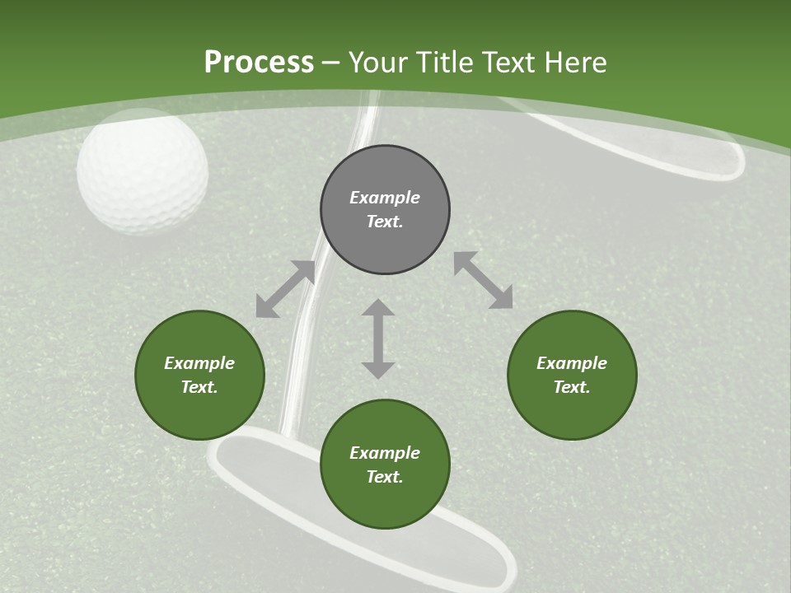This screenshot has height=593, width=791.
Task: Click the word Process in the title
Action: [259, 63]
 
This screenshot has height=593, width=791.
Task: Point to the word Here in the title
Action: [576, 63]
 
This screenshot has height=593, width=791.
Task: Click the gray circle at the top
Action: [385, 209]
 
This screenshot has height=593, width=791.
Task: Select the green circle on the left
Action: [199, 375]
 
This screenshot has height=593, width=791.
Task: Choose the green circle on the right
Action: [572, 375]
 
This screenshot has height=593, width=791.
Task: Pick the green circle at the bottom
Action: [385, 464]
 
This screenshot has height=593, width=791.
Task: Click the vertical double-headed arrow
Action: [378, 339]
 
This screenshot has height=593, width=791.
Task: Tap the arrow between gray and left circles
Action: [285, 289]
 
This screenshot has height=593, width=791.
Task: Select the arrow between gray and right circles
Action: [484, 279]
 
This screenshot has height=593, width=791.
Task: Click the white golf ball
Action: [143, 171]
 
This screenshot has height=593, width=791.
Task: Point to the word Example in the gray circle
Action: [385, 198]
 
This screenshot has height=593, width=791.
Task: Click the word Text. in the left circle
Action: [199, 387]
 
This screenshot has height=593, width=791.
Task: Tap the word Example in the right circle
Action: [572, 363]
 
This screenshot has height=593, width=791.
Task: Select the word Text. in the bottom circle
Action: [385, 477]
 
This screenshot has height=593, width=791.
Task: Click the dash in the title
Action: [330, 64]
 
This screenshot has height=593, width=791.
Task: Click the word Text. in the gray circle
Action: [385, 222]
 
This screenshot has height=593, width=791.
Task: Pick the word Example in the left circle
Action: [199, 363]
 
